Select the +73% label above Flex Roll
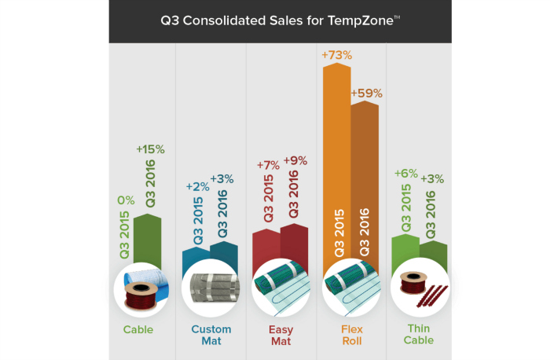(x=336, y=55)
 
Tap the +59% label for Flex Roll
(x=366, y=93)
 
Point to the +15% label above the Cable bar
(x=150, y=149)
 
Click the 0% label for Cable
(x=125, y=201)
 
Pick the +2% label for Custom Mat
(x=197, y=186)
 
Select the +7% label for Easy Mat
(x=269, y=166)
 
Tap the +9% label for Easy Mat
(x=295, y=160)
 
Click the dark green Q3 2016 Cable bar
(x=148, y=236)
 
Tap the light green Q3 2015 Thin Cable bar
(x=405, y=252)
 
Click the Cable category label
(x=137, y=329)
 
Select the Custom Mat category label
(x=211, y=335)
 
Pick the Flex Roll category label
(x=351, y=335)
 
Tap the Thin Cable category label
(x=420, y=335)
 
